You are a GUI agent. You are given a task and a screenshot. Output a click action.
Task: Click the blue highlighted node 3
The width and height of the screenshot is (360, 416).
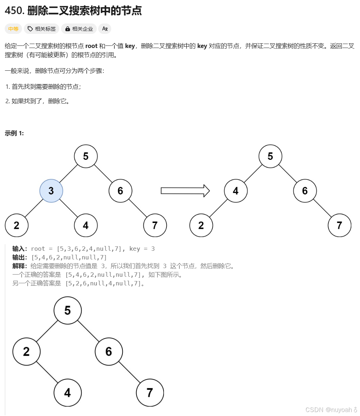pos(51,191)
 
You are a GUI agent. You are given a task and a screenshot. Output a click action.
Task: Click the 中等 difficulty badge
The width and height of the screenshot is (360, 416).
pos(13,29)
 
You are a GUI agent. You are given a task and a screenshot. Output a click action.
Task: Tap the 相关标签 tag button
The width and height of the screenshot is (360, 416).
pos(42,29)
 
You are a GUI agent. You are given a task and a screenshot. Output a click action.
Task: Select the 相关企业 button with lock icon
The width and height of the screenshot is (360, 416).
pos(79,29)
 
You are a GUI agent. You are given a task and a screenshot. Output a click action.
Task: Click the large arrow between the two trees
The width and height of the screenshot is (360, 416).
pos(185,191)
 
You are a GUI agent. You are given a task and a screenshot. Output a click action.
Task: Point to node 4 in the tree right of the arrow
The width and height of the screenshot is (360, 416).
pos(235,191)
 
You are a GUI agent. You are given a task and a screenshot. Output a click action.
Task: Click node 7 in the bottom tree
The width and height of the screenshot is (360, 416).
pos(150,393)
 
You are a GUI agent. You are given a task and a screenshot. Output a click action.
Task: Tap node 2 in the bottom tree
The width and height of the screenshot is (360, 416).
pos(26,351)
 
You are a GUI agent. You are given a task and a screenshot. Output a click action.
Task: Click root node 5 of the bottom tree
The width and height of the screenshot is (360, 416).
pos(68,310)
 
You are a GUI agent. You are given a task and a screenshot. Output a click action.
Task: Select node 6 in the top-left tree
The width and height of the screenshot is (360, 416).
pos(120,191)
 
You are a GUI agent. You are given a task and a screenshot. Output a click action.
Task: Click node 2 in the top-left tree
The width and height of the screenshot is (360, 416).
pos(17,225)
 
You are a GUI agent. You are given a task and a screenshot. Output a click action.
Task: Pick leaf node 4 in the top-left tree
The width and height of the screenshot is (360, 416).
pos(86,225)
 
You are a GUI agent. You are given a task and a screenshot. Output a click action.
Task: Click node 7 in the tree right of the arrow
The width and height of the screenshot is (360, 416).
pos(339,225)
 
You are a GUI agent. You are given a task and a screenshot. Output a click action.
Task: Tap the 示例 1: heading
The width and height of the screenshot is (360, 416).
pos(14,133)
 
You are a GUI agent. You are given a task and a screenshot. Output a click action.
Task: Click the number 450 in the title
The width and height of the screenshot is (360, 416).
pos(14,11)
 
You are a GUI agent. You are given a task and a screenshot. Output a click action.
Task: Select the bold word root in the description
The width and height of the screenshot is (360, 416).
pos(91,46)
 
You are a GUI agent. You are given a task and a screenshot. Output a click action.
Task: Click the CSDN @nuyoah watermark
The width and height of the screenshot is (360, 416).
pos(331,410)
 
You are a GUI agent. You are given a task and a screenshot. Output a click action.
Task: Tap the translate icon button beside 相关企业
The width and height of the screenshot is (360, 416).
pos(105,29)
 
